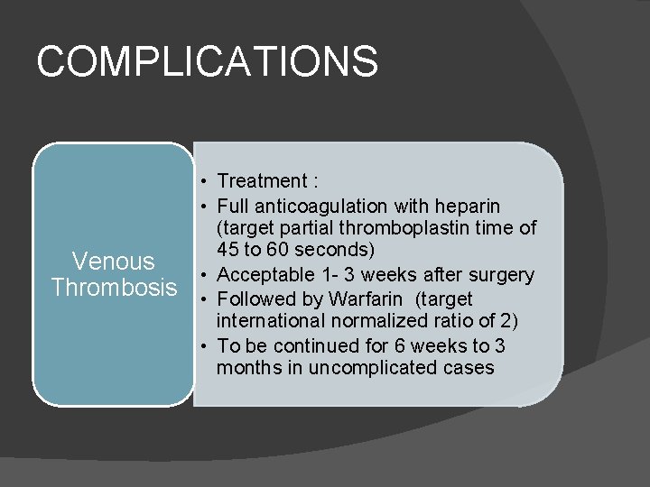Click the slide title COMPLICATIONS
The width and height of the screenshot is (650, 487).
(x=208, y=61)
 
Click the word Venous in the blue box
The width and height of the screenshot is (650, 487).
(x=114, y=262)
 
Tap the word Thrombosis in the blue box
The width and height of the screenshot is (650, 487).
(x=114, y=288)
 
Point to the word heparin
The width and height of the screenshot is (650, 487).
(x=468, y=206)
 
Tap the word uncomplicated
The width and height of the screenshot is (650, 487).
(x=369, y=368)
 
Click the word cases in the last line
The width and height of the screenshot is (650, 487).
(x=470, y=368)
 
